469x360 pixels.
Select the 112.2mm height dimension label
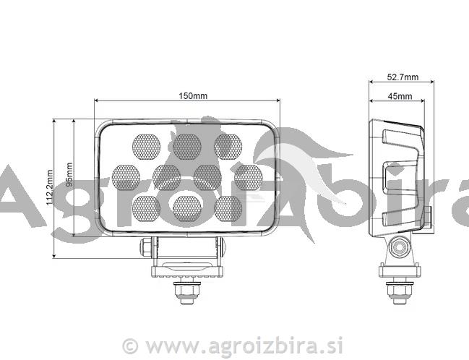point(50,187)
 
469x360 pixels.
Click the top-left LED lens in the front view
point(145,146)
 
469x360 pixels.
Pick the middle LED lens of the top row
point(187,146)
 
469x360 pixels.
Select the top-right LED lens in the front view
point(228,146)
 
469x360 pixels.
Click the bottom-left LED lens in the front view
point(146,207)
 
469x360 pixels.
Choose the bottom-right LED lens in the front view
point(229,207)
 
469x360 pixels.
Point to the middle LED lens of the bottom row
point(187,207)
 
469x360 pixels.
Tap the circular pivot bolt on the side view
point(396,247)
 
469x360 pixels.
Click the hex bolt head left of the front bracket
point(147,247)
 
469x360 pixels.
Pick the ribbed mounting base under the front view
point(187,272)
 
